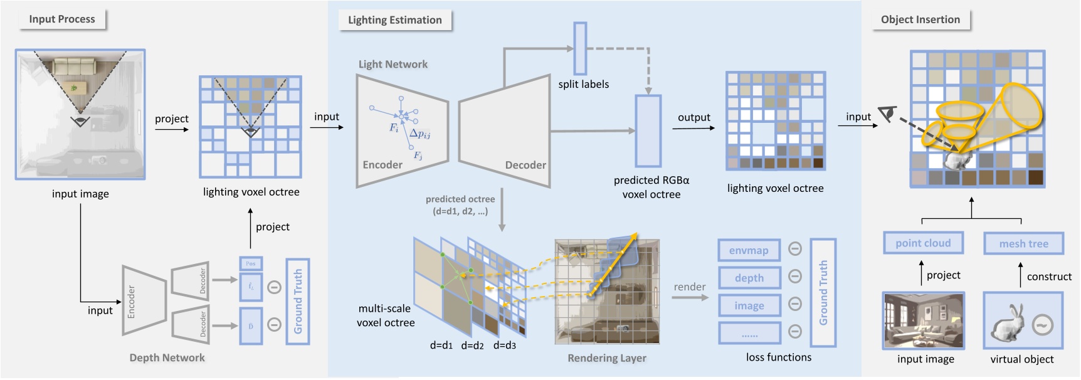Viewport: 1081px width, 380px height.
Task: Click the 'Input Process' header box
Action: pos(61,19)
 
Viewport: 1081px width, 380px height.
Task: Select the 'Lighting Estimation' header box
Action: pos(394,19)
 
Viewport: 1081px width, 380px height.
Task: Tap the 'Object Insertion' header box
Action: pos(920,19)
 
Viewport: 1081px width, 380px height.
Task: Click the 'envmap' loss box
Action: pos(749,250)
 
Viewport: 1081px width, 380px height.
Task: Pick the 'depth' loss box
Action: pos(749,278)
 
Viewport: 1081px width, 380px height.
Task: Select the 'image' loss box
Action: pos(749,305)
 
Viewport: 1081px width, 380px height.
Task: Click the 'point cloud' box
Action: pos(923,243)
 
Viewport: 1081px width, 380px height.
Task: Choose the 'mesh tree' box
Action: pos(1023,243)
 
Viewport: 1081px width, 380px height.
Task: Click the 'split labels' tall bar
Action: pos(580,48)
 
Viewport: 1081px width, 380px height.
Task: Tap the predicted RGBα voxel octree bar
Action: pos(648,130)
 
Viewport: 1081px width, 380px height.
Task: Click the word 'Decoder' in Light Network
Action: pos(525,165)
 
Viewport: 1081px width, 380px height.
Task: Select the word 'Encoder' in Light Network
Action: pos(382,164)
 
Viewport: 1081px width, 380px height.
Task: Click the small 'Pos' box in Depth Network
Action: pos(251,263)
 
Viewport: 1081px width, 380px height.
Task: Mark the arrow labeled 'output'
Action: pos(693,128)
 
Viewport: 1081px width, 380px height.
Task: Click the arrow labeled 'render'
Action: pos(689,297)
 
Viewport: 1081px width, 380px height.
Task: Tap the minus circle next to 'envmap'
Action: pos(794,249)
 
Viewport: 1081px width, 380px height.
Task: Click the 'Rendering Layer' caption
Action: pos(606,358)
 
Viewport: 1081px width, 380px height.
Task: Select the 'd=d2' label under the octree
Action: pos(472,346)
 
